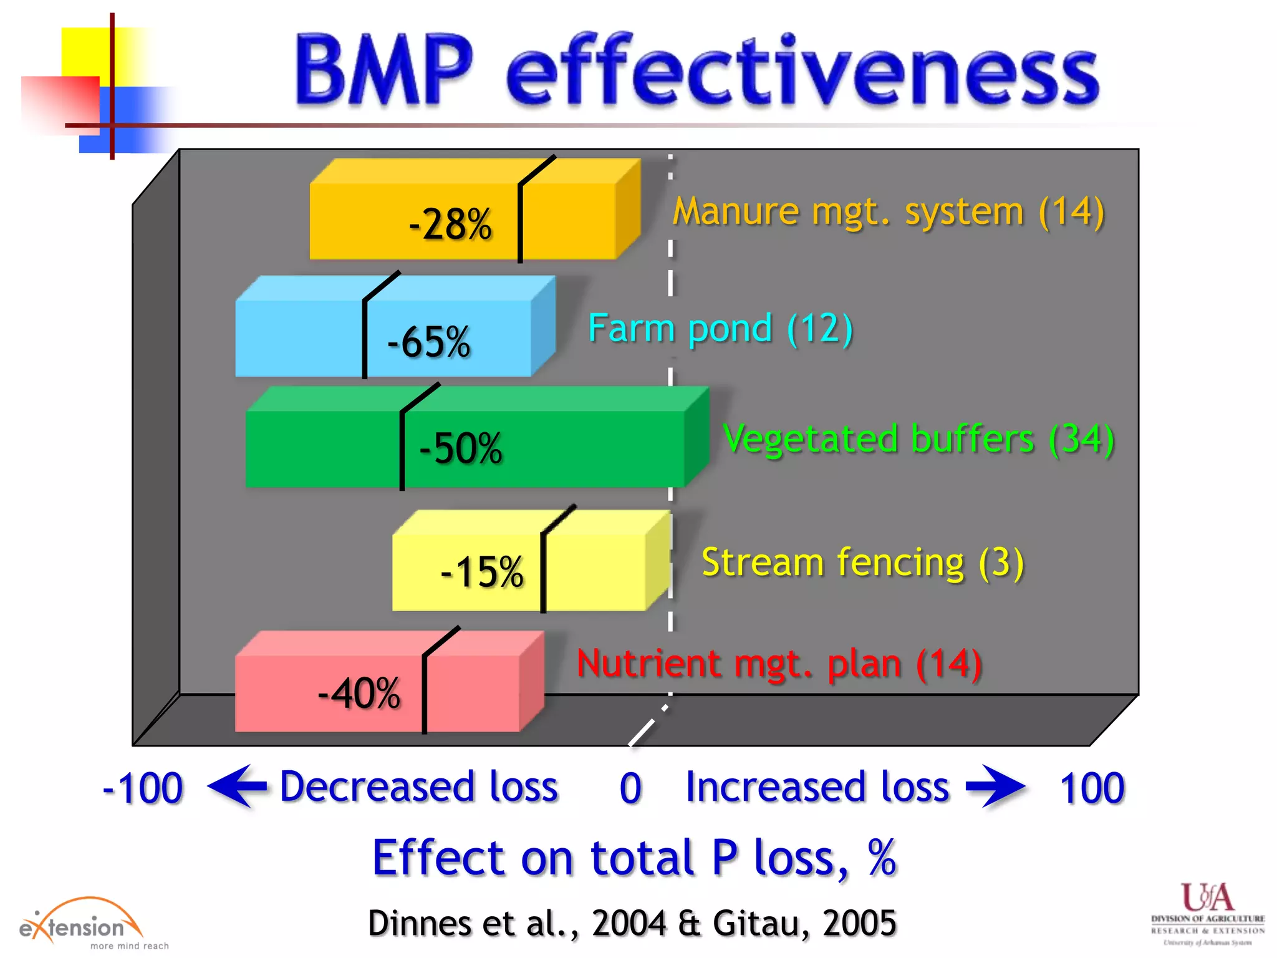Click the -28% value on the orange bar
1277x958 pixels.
(x=450, y=224)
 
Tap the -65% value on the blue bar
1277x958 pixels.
(x=428, y=342)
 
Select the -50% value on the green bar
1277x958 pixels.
(x=461, y=448)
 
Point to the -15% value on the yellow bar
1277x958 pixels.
(x=482, y=572)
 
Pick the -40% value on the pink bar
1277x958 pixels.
(x=359, y=693)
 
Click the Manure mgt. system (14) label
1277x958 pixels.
(x=889, y=212)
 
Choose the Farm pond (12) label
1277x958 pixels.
(x=720, y=329)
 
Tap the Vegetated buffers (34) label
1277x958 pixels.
(x=918, y=439)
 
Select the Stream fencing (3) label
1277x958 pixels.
(x=863, y=563)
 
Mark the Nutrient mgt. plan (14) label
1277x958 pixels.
(x=779, y=664)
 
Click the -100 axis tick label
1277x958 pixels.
(x=143, y=788)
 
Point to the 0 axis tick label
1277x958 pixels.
(x=630, y=788)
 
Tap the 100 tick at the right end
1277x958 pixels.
(x=1092, y=788)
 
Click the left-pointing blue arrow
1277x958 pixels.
(x=237, y=786)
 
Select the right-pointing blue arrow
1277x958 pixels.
(x=995, y=786)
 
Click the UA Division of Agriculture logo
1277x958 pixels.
(x=1208, y=913)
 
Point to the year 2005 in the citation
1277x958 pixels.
(x=859, y=923)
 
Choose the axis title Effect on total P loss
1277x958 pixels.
(x=634, y=858)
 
